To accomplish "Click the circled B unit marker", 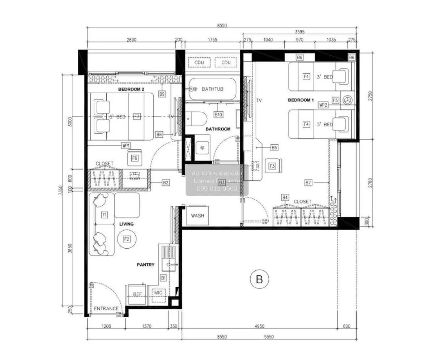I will tap(259, 279).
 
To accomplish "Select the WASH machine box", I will tap(197, 216).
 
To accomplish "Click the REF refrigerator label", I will tap(137, 294).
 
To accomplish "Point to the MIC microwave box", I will tap(158, 293).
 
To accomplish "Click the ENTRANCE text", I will tap(106, 308).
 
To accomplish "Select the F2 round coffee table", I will tap(127, 239).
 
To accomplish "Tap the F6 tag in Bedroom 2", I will tap(135, 158).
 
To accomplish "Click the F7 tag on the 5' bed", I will tap(136, 117).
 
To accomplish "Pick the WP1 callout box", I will tap(126, 145).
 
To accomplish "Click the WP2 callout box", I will tap(323, 105).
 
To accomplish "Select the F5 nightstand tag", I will tap(335, 100).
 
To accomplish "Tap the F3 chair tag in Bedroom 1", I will tap(272, 166).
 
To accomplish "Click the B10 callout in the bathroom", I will tap(218, 115).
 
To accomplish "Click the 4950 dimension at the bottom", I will tap(259, 326).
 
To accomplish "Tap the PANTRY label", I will tap(145, 265).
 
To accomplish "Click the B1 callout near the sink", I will tap(163, 278).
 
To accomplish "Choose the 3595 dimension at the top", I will tap(299, 32).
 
